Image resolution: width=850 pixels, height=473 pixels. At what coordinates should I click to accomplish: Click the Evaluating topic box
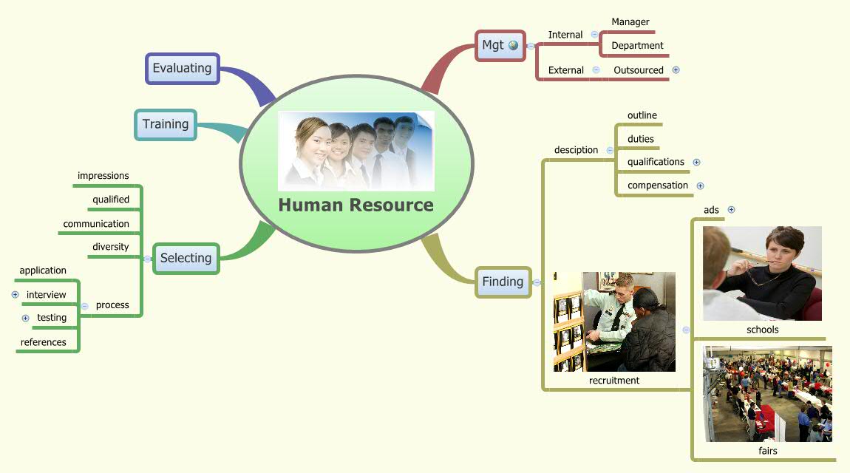(x=183, y=68)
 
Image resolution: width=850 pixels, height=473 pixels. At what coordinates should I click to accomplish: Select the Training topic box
(x=166, y=124)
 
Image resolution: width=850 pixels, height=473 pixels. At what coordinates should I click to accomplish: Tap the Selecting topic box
(x=186, y=258)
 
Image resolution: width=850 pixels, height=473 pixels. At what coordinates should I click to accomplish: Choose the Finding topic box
(x=503, y=282)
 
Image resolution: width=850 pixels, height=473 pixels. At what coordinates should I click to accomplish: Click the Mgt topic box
(x=493, y=45)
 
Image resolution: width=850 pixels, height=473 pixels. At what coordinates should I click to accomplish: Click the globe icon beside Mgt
(x=514, y=45)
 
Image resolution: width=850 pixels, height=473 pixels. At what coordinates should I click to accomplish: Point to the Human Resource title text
(x=356, y=205)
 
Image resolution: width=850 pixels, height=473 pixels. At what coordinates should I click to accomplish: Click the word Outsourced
(x=639, y=70)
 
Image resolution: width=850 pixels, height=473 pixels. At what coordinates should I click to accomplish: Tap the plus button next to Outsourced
(x=676, y=70)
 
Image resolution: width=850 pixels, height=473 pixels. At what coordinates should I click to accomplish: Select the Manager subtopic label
(x=630, y=22)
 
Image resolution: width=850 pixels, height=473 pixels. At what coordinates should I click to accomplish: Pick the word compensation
(x=658, y=186)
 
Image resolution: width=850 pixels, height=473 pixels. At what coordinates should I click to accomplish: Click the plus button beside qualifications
(x=696, y=162)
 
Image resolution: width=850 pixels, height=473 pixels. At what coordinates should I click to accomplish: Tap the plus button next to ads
(x=731, y=209)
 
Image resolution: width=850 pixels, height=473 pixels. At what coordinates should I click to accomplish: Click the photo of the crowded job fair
(x=767, y=394)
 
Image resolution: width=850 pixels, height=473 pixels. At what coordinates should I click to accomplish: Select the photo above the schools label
(x=762, y=273)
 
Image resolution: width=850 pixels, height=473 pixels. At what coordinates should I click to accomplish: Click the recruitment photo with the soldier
(x=614, y=321)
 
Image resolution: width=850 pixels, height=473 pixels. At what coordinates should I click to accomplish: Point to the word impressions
(x=103, y=176)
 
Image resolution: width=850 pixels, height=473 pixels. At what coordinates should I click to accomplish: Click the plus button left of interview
(x=15, y=294)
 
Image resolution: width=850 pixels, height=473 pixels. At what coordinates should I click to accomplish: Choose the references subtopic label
(x=44, y=342)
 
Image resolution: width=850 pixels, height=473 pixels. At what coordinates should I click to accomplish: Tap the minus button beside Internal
(x=594, y=34)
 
